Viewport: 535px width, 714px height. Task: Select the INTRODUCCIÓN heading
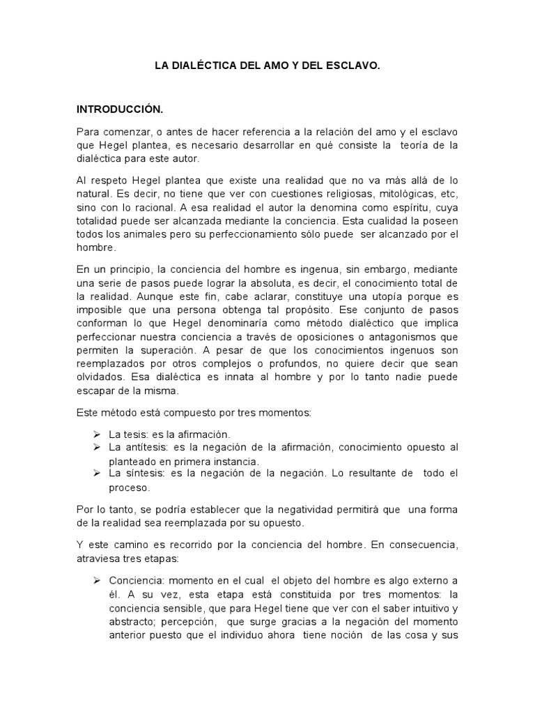(119, 109)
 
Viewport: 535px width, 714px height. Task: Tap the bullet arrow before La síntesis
(98, 473)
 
